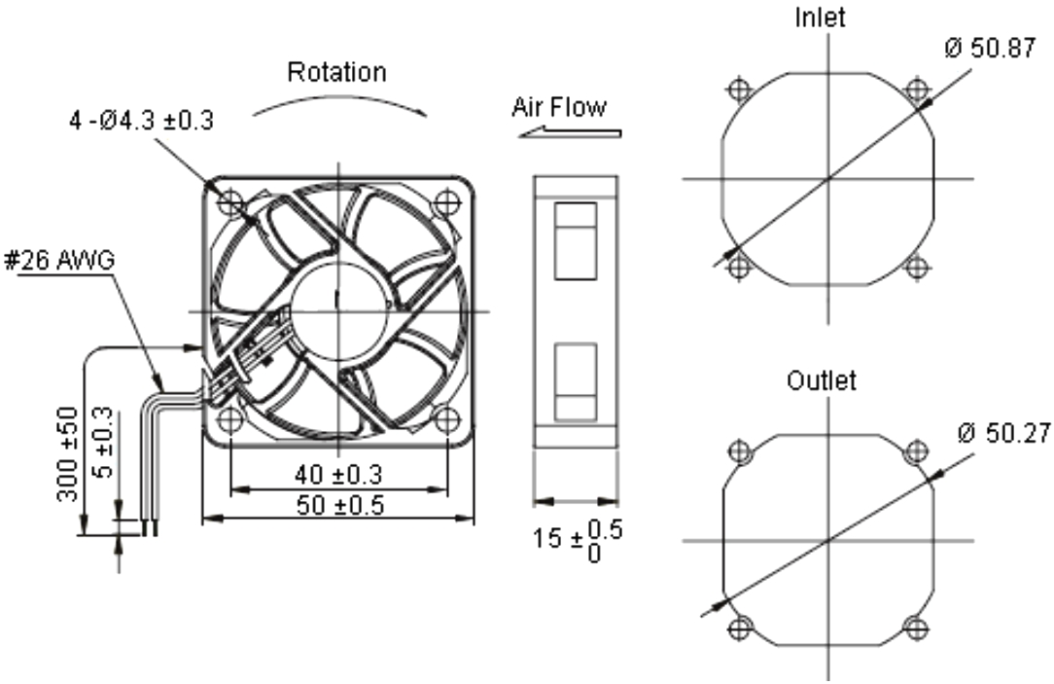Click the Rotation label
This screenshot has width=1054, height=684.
point(336,73)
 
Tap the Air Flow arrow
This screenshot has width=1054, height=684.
point(569,132)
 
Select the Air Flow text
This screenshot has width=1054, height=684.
point(558,106)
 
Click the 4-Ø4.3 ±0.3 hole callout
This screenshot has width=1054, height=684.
point(141,122)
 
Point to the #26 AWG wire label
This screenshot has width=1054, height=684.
point(59,261)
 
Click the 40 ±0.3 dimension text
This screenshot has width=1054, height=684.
point(337,475)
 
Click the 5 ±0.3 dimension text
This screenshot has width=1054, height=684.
point(102,443)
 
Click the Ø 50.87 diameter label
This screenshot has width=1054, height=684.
point(989,50)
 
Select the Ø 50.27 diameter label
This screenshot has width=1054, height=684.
point(996,433)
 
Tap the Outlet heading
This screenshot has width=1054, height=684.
point(822,380)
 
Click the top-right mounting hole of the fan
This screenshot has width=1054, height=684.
point(446,202)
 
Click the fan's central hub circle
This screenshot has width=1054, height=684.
point(337,310)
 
